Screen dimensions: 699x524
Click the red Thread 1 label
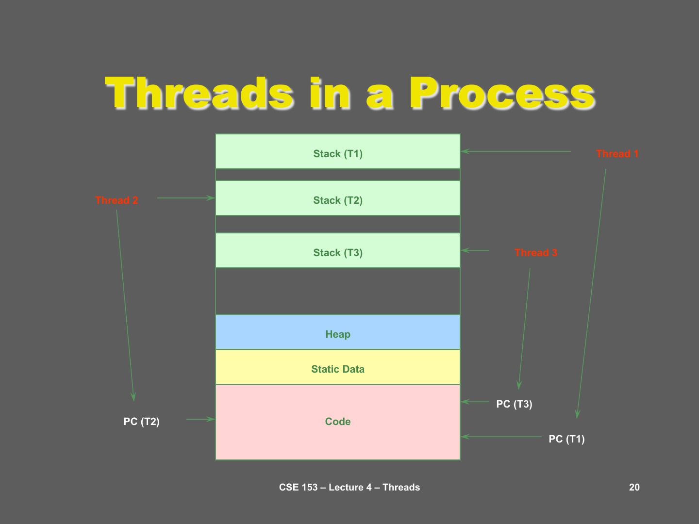(617, 154)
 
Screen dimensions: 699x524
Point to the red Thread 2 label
(116, 200)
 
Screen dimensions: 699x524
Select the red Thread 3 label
(535, 253)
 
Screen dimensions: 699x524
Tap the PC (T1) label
(566, 439)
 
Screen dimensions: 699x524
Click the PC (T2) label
(141, 422)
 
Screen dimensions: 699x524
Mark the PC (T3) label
(514, 404)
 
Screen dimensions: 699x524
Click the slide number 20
(634, 488)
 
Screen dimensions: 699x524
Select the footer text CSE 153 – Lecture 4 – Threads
(349, 488)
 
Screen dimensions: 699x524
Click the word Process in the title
(502, 93)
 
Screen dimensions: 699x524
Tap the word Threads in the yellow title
(199, 93)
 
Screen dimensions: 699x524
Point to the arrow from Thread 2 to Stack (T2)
(185, 198)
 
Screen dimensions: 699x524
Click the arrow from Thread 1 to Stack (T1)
(516, 151)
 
